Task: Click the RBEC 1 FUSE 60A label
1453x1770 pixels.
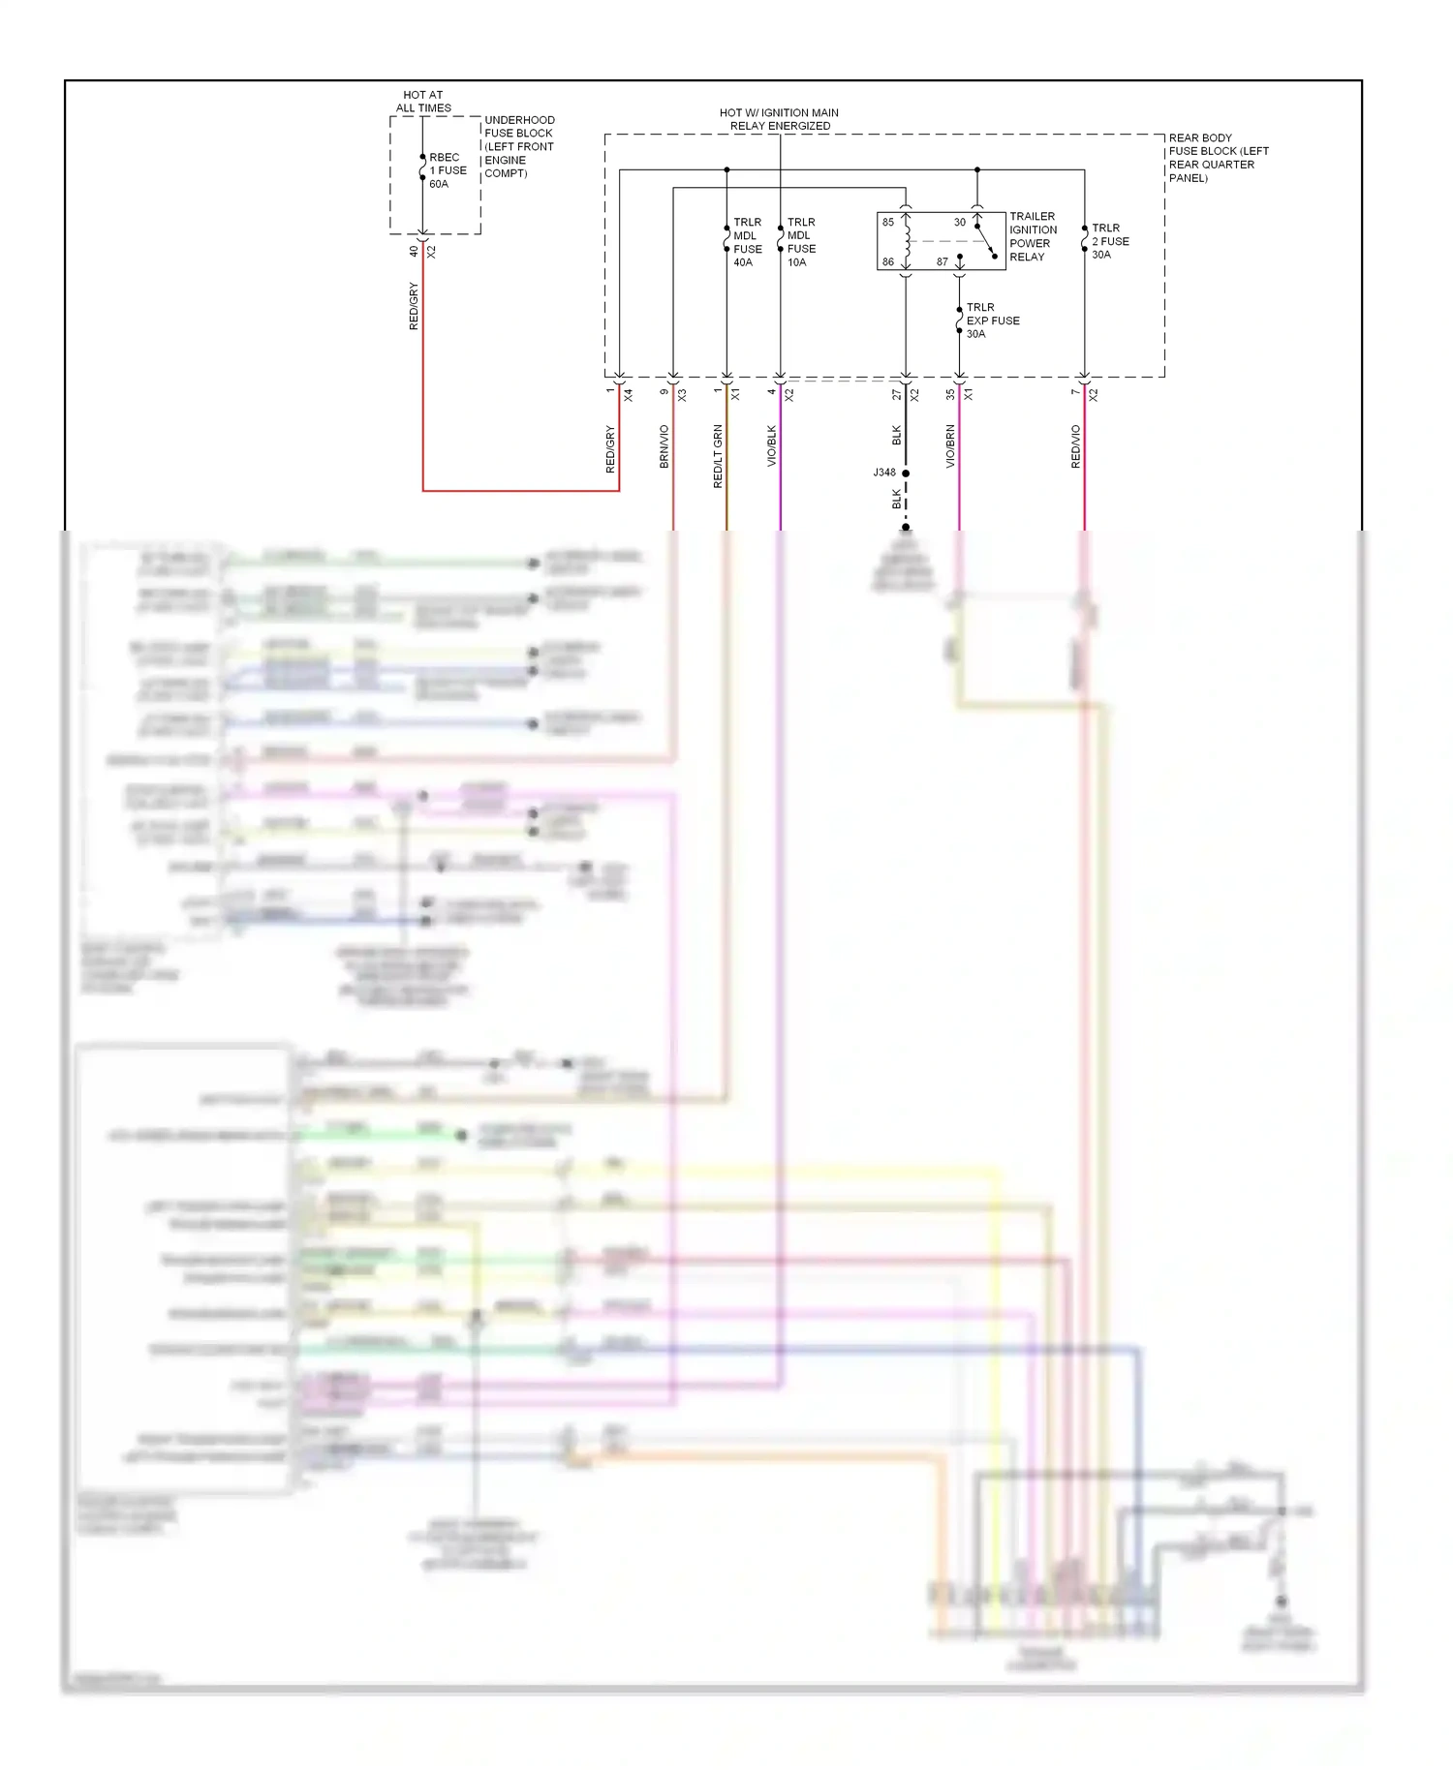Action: click(448, 170)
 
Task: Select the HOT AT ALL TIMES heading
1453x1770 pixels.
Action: click(423, 102)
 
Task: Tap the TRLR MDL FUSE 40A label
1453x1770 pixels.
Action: click(747, 242)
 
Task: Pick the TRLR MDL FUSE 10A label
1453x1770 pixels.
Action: click(801, 242)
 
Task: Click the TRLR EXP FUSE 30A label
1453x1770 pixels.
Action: click(992, 320)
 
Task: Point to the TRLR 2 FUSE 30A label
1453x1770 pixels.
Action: click(1110, 241)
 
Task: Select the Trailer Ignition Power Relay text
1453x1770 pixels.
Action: click(1033, 236)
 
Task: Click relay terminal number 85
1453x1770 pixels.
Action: click(888, 222)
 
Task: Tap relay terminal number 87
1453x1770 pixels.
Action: click(942, 262)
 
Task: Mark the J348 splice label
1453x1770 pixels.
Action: click(884, 473)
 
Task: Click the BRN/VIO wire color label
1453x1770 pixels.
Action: click(665, 446)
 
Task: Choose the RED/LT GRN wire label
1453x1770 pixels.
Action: click(718, 455)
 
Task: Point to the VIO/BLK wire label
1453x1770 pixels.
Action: click(772, 445)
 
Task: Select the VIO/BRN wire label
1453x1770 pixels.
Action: click(950, 446)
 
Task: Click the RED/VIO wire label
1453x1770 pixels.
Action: click(1075, 446)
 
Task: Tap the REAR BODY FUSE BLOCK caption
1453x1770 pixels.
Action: click(1218, 158)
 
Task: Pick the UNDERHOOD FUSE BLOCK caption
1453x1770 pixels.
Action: click(518, 146)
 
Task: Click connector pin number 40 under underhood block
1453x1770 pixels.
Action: click(414, 251)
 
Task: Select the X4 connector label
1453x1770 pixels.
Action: click(628, 395)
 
